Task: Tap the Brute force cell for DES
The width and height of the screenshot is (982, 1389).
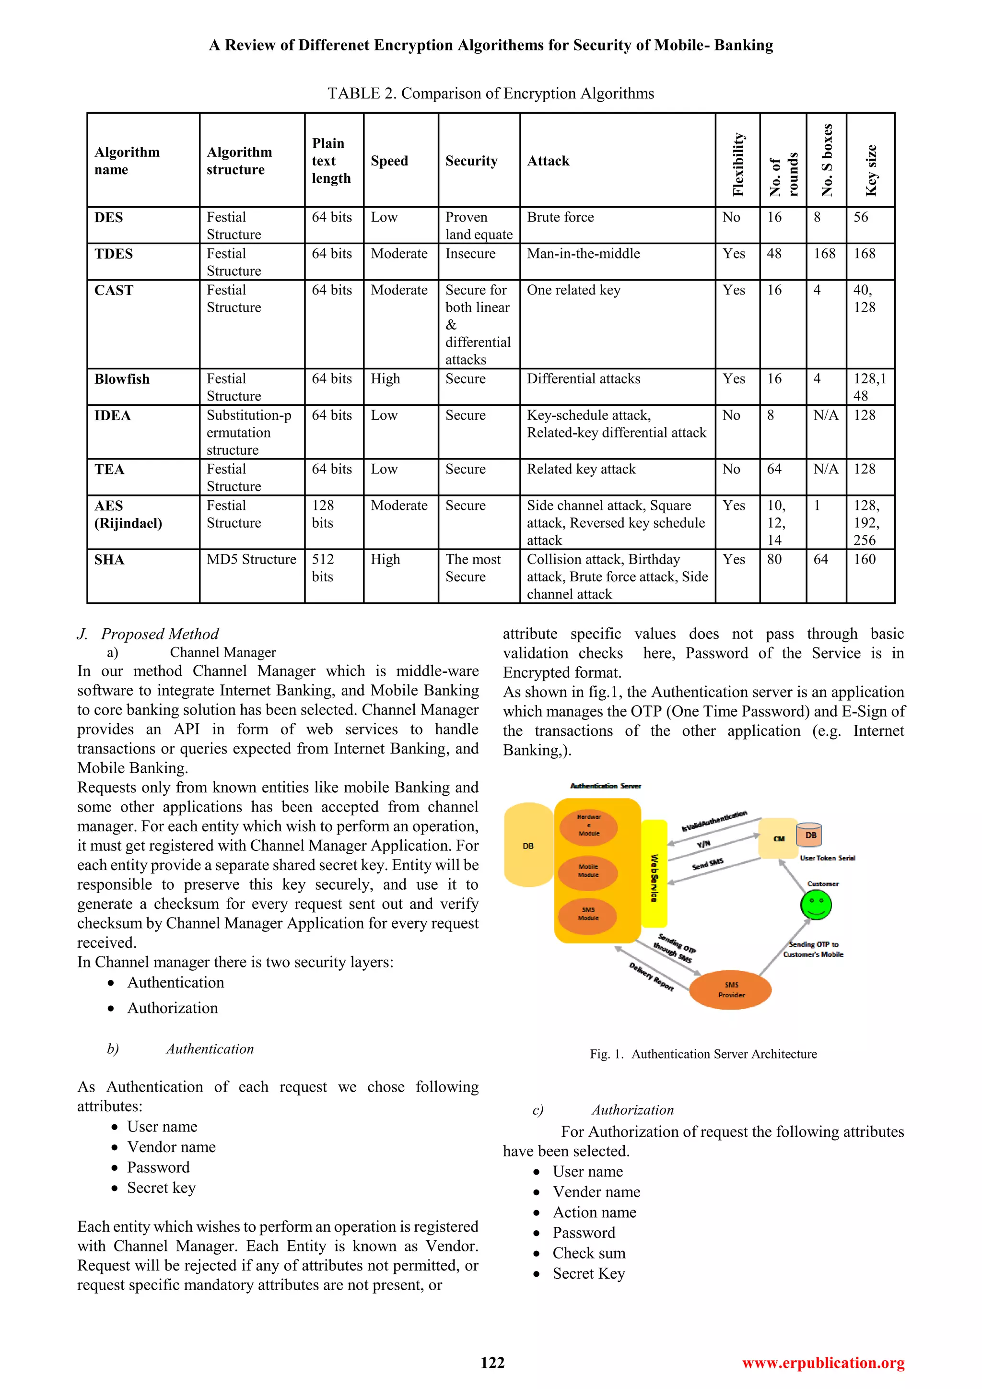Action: (x=560, y=217)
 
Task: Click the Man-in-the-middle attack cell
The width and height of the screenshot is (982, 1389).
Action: (x=583, y=253)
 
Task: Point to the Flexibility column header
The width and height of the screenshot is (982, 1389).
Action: (x=738, y=165)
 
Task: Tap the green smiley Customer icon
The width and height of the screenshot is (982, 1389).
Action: (x=816, y=905)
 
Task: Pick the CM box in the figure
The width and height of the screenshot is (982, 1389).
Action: (x=778, y=838)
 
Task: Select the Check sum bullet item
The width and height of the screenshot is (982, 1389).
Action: (x=588, y=1253)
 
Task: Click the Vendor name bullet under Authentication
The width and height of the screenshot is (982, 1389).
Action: (x=171, y=1147)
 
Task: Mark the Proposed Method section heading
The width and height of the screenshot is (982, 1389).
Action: (x=159, y=634)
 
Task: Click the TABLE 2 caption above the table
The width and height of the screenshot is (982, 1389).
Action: (x=491, y=94)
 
